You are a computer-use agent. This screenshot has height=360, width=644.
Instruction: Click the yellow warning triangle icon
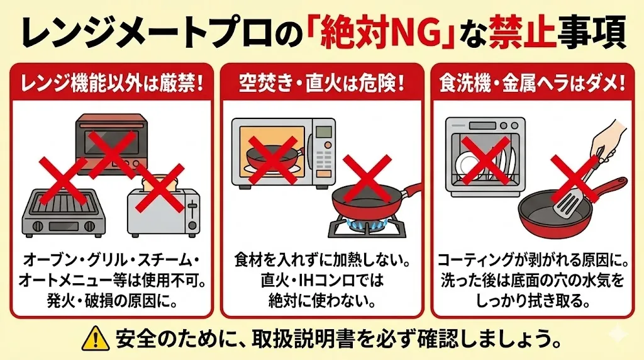pos(96,338)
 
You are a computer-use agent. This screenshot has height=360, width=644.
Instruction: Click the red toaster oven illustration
pos(112,145)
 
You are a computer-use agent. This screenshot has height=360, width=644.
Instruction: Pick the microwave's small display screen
pos(323,132)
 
